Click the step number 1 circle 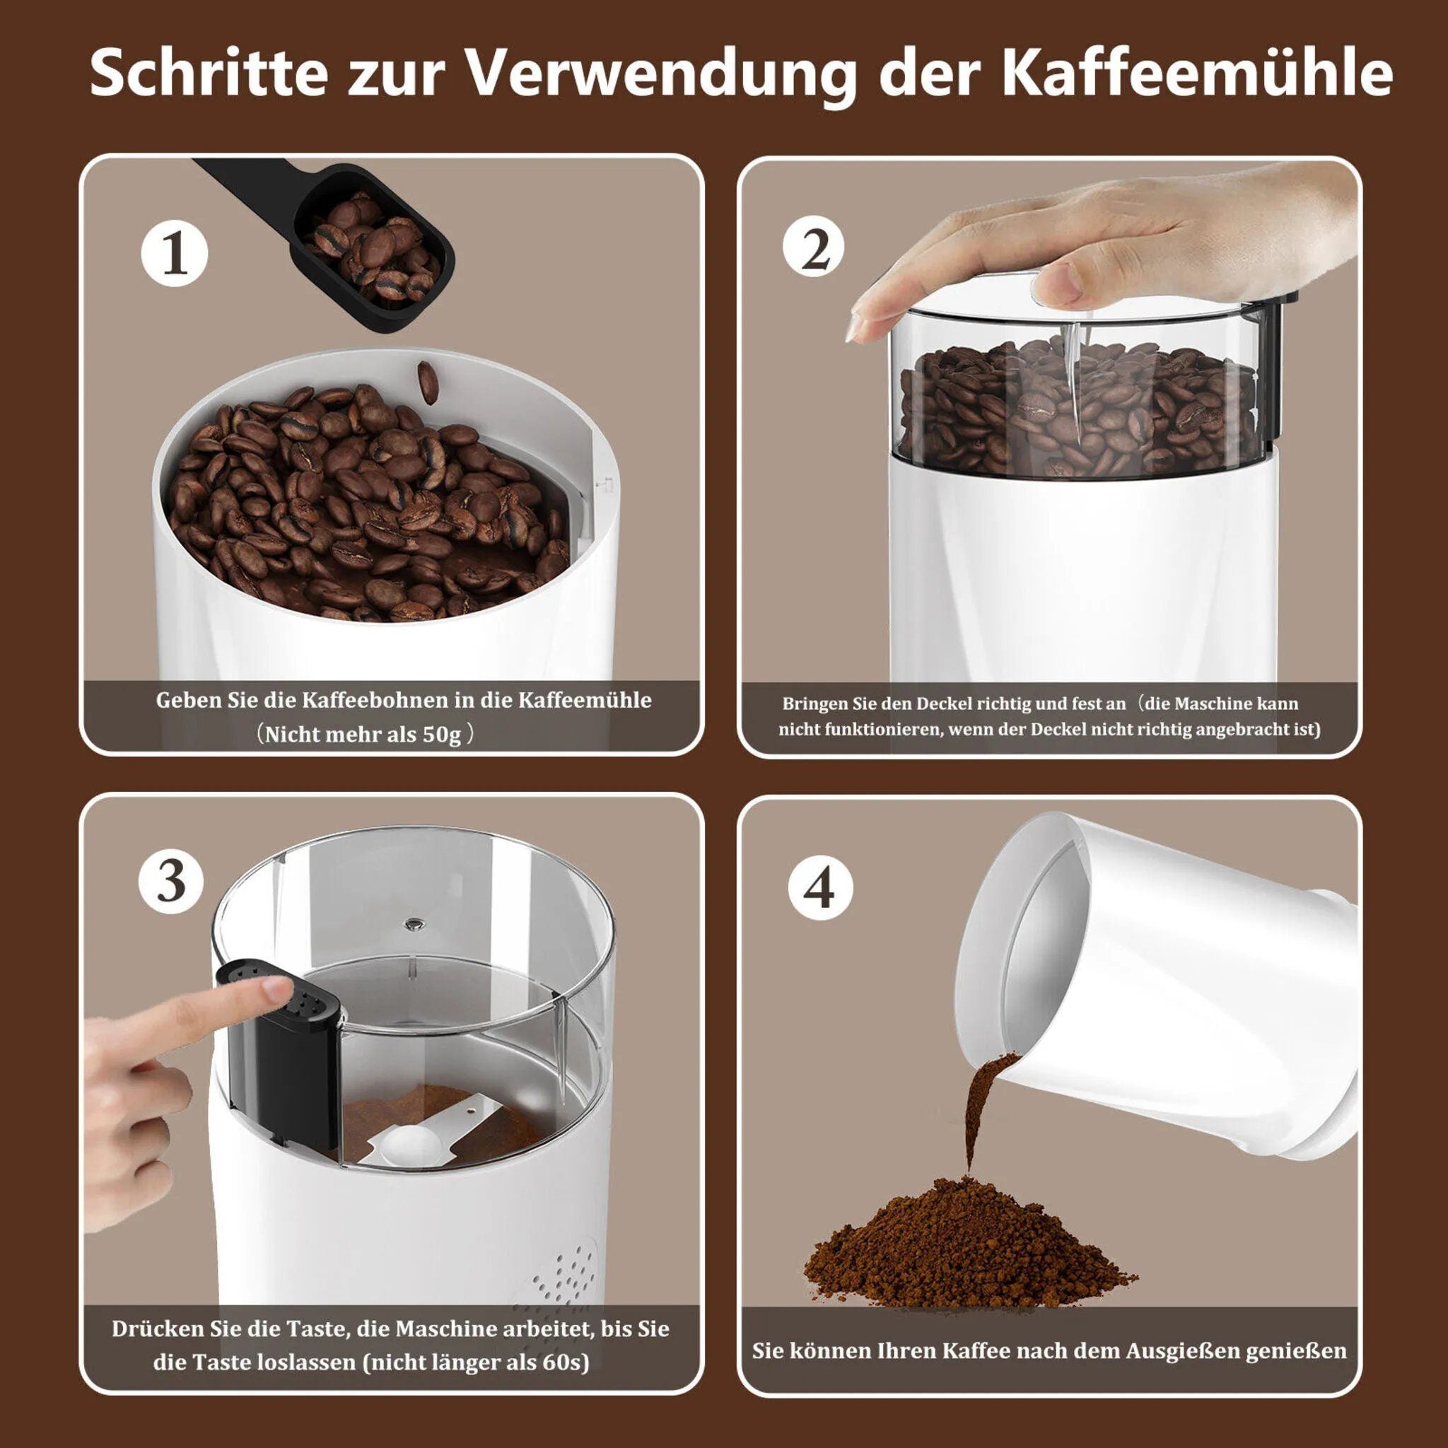click(x=175, y=255)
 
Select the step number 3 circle click(x=172, y=881)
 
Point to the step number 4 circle click(x=821, y=888)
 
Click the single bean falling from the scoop click(x=428, y=383)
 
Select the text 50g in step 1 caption click(x=441, y=734)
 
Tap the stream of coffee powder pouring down click(x=978, y=1116)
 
